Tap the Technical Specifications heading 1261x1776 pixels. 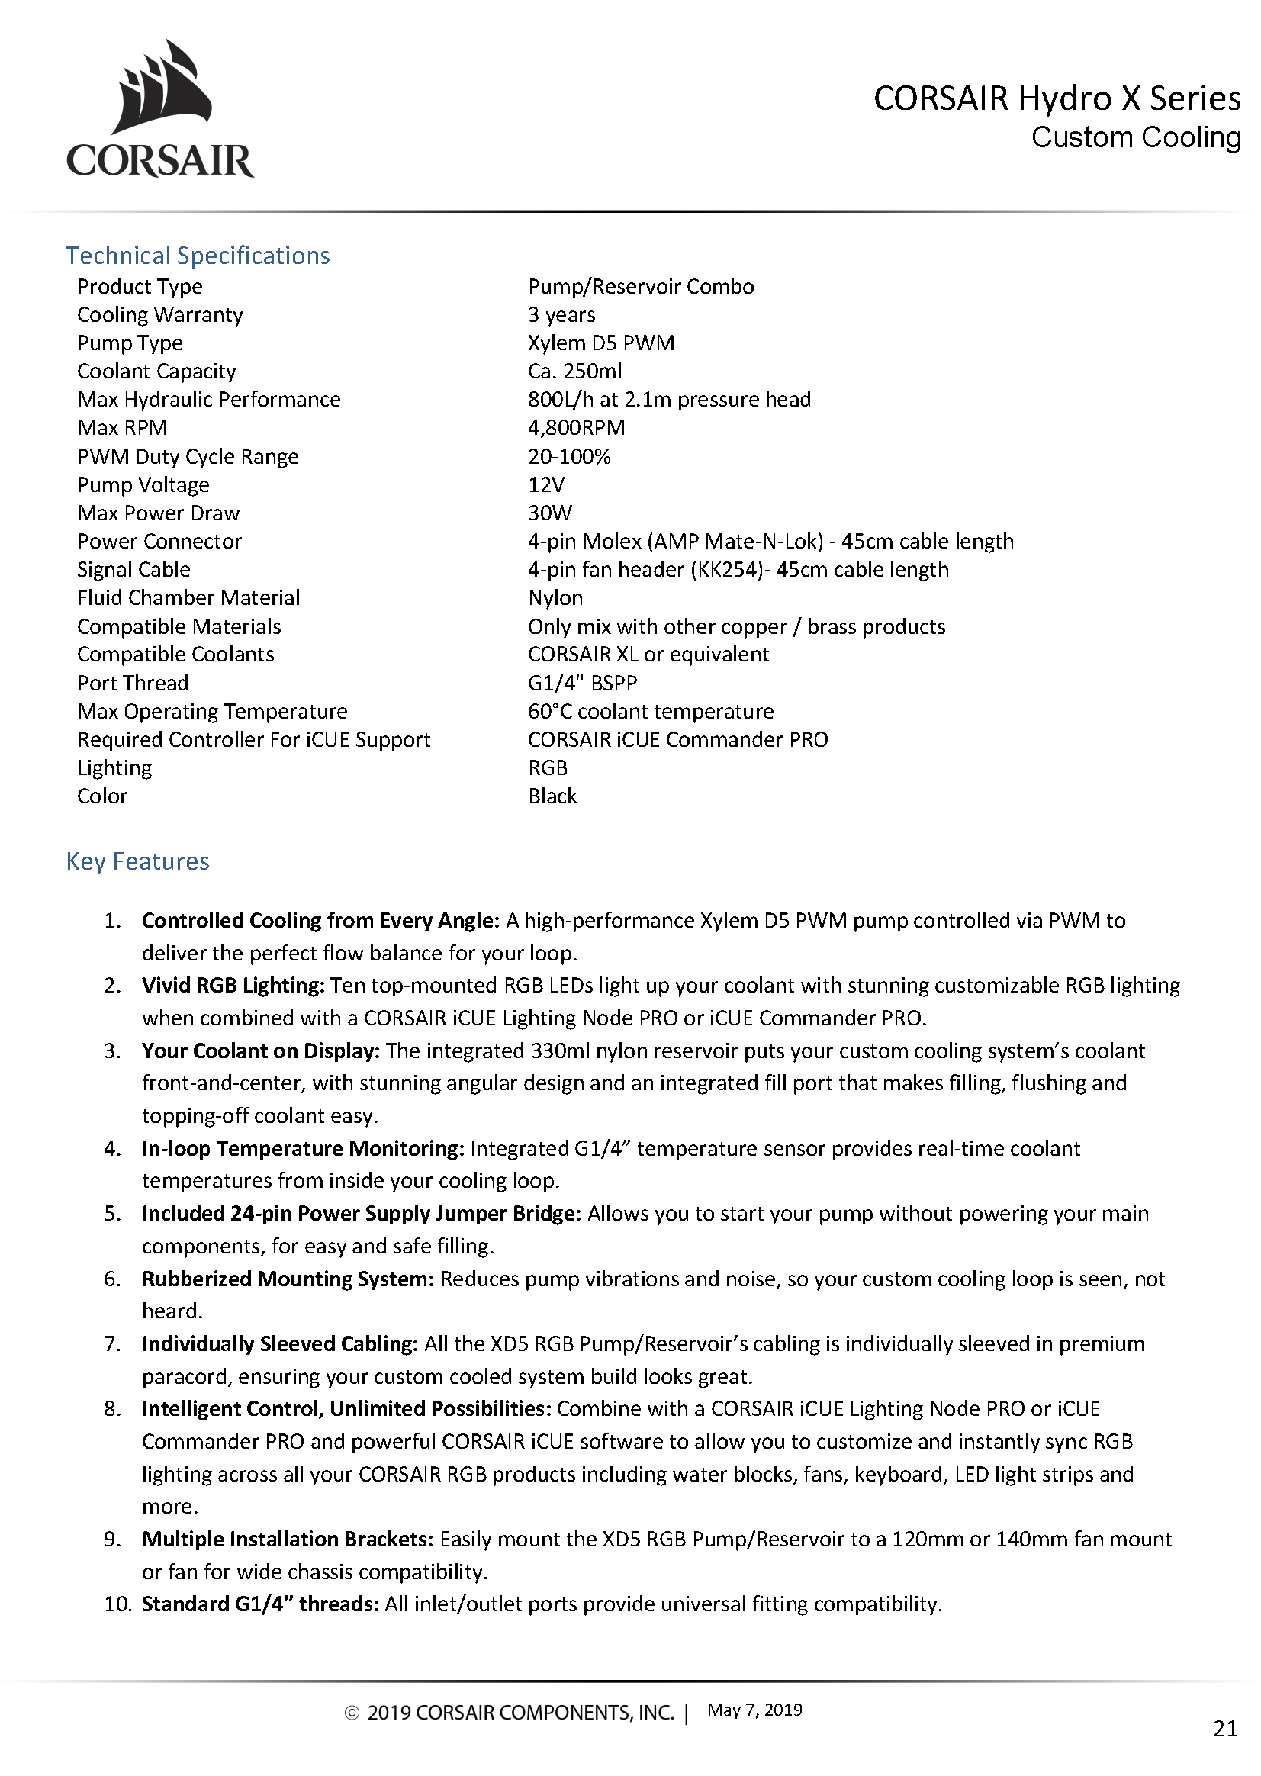(198, 256)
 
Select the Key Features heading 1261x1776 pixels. (137, 861)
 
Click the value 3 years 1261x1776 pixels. (561, 314)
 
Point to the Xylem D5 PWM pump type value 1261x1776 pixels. (601, 343)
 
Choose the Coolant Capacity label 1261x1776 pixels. (156, 372)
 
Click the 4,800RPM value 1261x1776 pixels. (576, 427)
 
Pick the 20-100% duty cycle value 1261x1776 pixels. (569, 456)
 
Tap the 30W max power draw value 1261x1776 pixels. (550, 513)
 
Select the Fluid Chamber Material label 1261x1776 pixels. (188, 597)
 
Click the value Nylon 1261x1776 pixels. (555, 597)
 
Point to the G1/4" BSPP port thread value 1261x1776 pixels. (582, 683)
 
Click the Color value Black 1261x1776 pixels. (552, 796)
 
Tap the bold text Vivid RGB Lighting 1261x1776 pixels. (232, 985)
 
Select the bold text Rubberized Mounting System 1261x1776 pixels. (288, 1279)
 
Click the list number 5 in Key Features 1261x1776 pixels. (113, 1213)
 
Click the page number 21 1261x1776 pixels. (1224, 1728)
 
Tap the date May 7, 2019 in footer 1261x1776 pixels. (754, 1710)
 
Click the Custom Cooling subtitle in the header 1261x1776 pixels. (1135, 137)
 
